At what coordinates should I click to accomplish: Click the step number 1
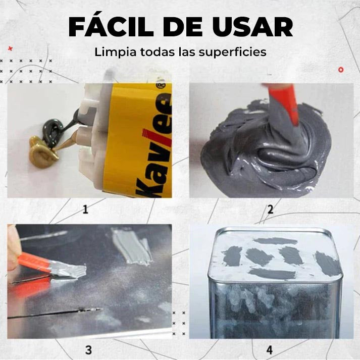coord(85,209)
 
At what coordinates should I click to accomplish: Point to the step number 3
coord(88,349)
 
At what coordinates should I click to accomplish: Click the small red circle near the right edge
coord(341,69)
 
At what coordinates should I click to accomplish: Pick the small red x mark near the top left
coord(10,48)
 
